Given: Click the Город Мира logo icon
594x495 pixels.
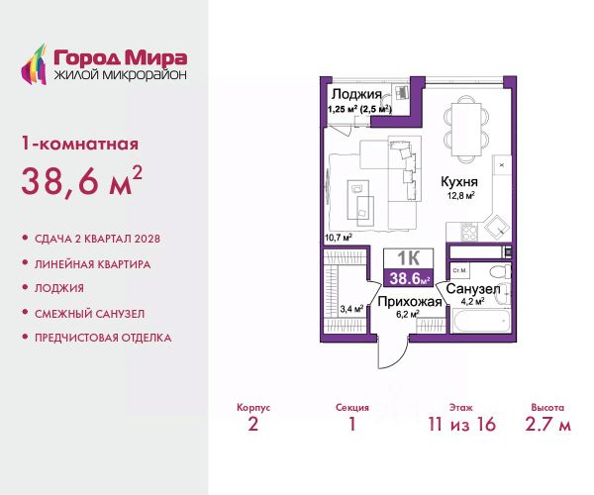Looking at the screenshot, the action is [34, 64].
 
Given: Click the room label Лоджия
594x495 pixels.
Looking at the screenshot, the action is [356, 95].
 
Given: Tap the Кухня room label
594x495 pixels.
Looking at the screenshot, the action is [459, 182].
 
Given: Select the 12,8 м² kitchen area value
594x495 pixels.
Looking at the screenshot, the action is [461, 196].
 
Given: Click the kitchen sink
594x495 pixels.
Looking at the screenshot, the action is [497, 228].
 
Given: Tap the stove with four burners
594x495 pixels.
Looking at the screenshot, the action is [469, 232].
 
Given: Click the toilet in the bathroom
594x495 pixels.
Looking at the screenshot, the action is [499, 271].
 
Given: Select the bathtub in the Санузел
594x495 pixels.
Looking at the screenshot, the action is [481, 321].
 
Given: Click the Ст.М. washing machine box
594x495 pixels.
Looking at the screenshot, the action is [460, 271].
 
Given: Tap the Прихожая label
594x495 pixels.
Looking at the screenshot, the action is [410, 302].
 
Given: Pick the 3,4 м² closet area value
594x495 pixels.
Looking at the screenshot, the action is [351, 309].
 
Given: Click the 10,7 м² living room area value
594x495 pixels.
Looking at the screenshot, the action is [339, 238].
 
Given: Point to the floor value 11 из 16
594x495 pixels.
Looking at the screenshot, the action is [461, 424].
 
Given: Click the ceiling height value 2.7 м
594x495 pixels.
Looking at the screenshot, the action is [547, 424].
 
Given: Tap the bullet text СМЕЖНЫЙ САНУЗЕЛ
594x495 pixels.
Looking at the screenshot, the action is [90, 314].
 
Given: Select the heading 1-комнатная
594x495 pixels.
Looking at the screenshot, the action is [80, 144].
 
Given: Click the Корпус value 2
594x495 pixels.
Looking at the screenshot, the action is [253, 424].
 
